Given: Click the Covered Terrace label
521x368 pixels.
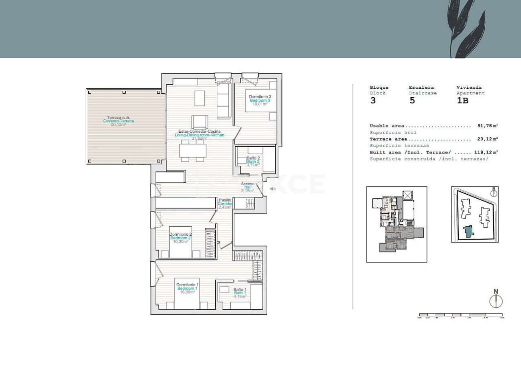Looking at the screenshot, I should coord(118,121).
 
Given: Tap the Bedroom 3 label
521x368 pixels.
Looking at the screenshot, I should coord(260,101).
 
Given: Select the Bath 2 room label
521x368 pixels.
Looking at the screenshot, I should coord(253,161).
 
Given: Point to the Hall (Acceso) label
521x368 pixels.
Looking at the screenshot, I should coord(248,187).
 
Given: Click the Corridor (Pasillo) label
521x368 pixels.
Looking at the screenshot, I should coord(225,204).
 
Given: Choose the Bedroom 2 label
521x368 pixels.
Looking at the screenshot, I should coord(180,238).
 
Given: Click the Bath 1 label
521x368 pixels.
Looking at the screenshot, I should coord(240,293).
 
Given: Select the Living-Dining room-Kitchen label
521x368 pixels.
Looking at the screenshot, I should coord(199,135).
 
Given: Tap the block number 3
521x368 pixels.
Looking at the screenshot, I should coord(373,101).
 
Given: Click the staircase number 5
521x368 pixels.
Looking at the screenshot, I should coord(412,101).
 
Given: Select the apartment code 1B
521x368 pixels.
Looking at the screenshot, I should coord(463,101).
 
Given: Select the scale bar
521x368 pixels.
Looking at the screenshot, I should coord(461,315).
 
